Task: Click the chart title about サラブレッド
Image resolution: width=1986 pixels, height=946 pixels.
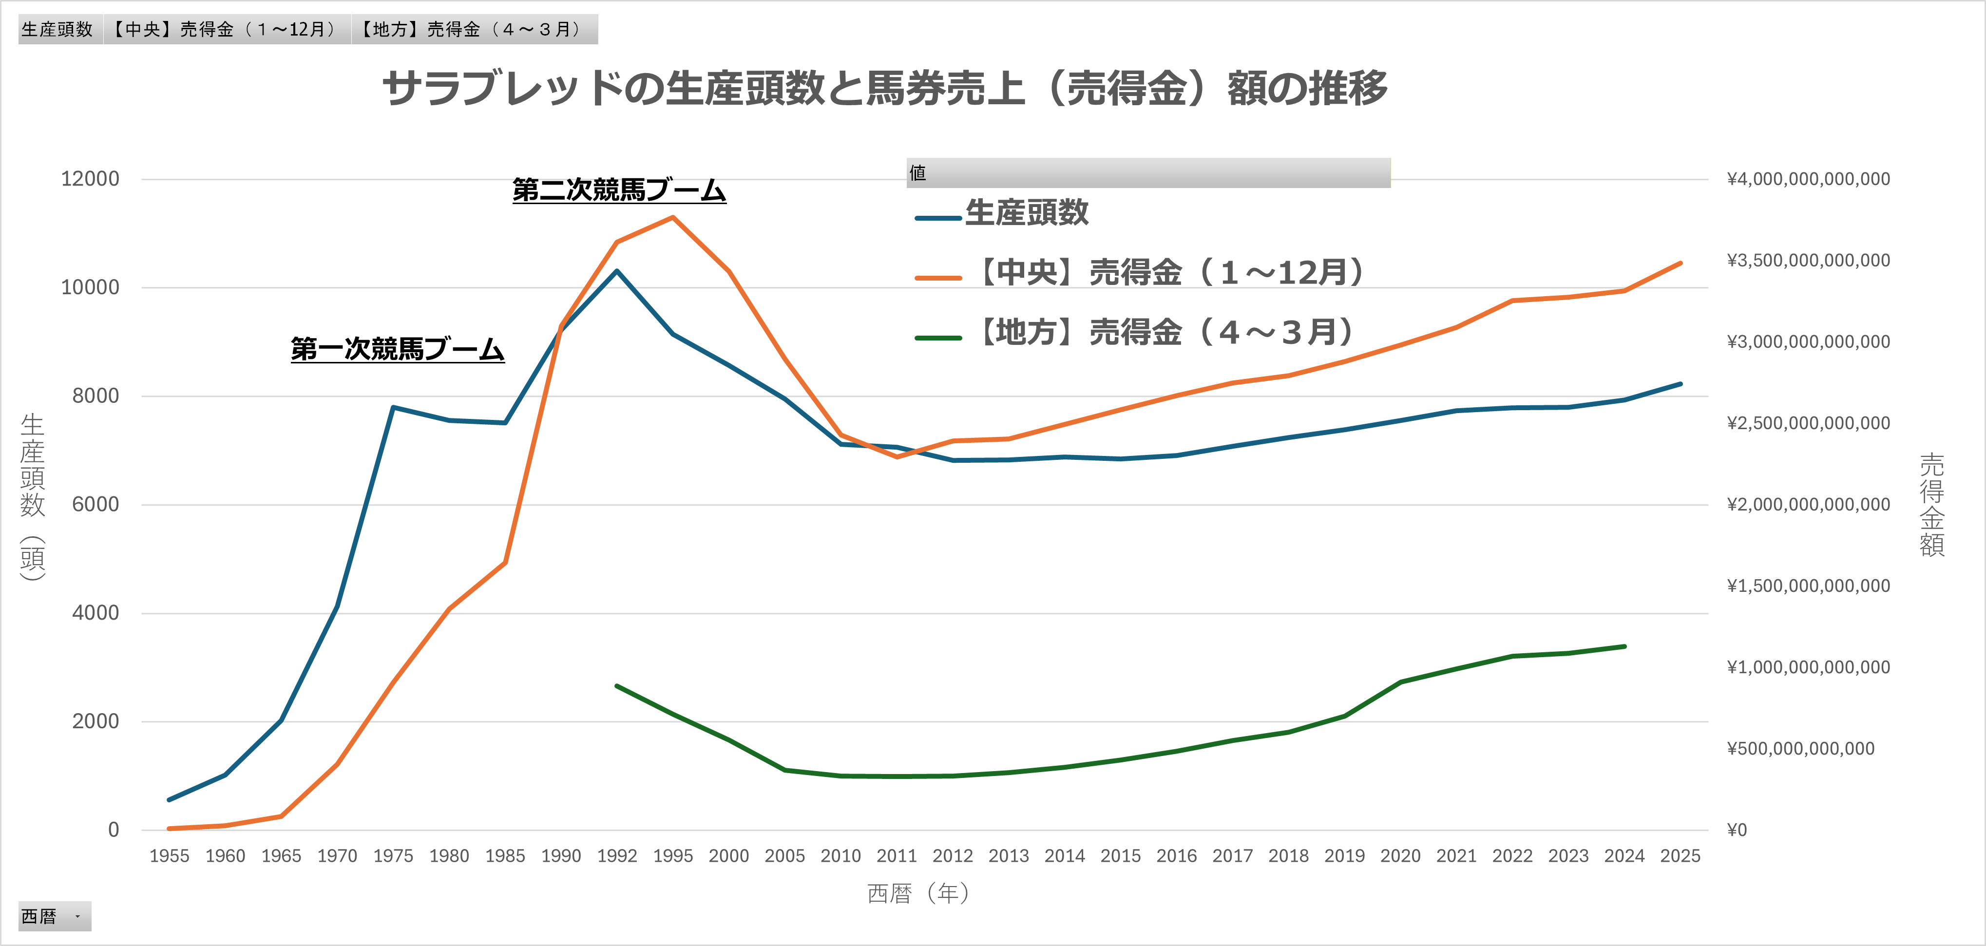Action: pos(884,88)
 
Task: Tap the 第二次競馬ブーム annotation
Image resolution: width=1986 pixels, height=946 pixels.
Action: pos(619,189)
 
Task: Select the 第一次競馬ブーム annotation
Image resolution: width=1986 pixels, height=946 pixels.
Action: pos(397,349)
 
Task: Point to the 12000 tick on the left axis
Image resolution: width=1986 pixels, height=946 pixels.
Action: pos(90,179)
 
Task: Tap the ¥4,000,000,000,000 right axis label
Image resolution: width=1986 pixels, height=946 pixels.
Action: pos(1808,179)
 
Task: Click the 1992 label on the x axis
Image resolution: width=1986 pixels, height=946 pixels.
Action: pos(617,856)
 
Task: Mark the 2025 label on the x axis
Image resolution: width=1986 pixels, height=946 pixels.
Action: pos(1680,856)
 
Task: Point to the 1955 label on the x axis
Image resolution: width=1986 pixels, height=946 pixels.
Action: pos(169,856)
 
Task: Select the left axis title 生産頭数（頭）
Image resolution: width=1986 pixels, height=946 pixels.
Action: pos(32,497)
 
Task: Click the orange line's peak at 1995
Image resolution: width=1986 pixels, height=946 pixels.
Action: pos(673,217)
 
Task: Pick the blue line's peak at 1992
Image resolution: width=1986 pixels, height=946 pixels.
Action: pos(617,271)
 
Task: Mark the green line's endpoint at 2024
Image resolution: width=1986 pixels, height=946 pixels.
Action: pos(1624,646)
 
